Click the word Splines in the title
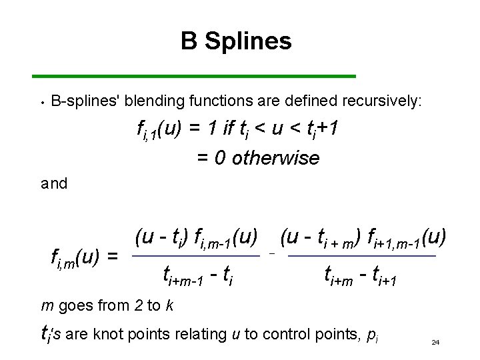[248, 42]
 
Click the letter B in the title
[189, 41]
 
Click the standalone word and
[54, 184]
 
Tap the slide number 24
[435, 342]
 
